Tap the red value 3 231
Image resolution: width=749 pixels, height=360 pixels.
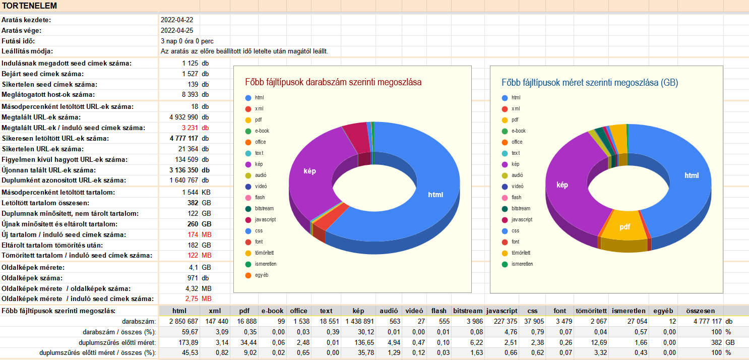click(x=190, y=128)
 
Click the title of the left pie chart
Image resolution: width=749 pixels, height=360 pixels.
click(x=333, y=82)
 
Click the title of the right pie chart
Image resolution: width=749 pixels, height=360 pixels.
click(x=590, y=82)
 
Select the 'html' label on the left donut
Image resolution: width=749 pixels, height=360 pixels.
click(x=436, y=195)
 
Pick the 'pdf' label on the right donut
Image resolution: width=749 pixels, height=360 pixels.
click(x=625, y=227)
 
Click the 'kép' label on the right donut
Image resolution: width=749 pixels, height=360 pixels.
click(x=562, y=185)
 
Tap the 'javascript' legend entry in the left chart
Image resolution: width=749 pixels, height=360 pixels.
click(x=265, y=219)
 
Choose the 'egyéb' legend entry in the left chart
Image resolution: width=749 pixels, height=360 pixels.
click(x=262, y=275)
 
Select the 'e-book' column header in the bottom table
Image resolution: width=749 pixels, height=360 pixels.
click(x=272, y=311)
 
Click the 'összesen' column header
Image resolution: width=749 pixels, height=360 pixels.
click(x=700, y=311)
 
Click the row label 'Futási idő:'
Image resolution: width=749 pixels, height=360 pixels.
click(x=18, y=41)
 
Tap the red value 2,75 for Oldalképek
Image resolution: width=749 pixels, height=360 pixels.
click(x=191, y=298)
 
